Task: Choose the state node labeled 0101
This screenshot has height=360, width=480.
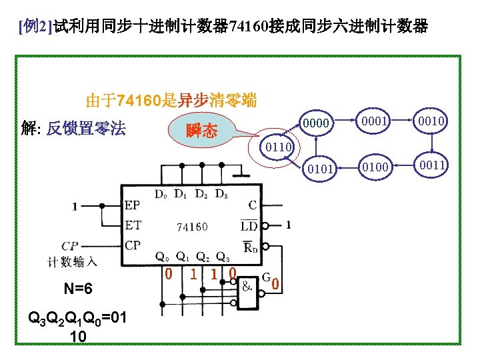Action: pos(318,168)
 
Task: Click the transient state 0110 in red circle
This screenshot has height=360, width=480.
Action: pos(275,145)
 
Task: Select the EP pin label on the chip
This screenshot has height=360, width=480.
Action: pos(133,206)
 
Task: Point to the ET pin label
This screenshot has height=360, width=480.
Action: pos(133,225)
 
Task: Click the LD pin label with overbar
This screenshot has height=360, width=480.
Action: pos(249,225)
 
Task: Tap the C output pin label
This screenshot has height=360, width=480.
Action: pos(252,206)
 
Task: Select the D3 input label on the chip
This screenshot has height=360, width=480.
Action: pos(221,194)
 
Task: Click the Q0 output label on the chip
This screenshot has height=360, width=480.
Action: pos(161,256)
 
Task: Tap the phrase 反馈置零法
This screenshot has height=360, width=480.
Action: pos(85,129)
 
